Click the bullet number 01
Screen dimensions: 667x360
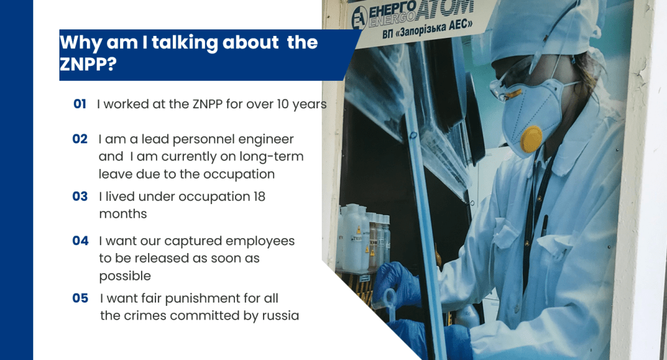[80, 104]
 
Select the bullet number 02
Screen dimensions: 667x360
[80, 139]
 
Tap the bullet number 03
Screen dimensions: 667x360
[80, 196]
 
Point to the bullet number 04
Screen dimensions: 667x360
[80, 241]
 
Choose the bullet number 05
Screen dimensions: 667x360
[80, 298]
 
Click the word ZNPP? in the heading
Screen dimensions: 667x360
[88, 64]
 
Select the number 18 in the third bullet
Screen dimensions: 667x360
[259, 196]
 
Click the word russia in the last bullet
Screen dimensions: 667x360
[281, 316]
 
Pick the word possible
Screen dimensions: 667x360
[125, 277]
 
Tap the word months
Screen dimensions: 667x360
[123, 214]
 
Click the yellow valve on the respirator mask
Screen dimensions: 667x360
[531, 139]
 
